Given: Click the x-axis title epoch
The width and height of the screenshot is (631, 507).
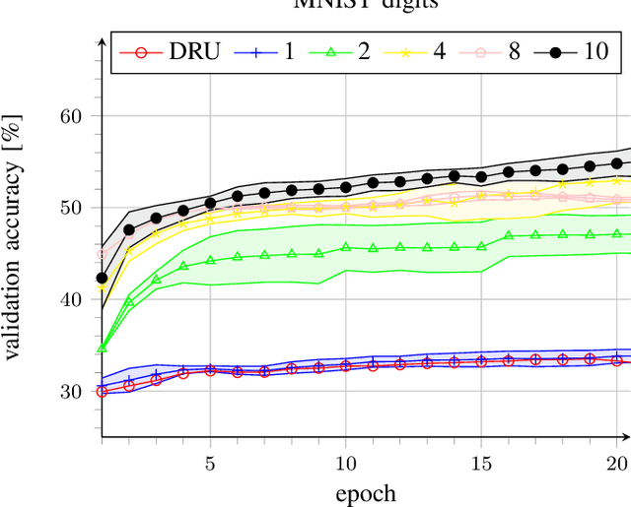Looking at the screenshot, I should (364, 492).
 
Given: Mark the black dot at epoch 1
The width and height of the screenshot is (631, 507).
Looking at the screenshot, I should (102, 278).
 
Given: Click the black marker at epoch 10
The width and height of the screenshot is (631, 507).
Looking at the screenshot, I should (346, 187).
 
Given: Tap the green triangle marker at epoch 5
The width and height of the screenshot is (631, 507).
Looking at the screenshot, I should (210, 260).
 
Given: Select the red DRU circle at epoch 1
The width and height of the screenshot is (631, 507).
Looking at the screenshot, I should (102, 391).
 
